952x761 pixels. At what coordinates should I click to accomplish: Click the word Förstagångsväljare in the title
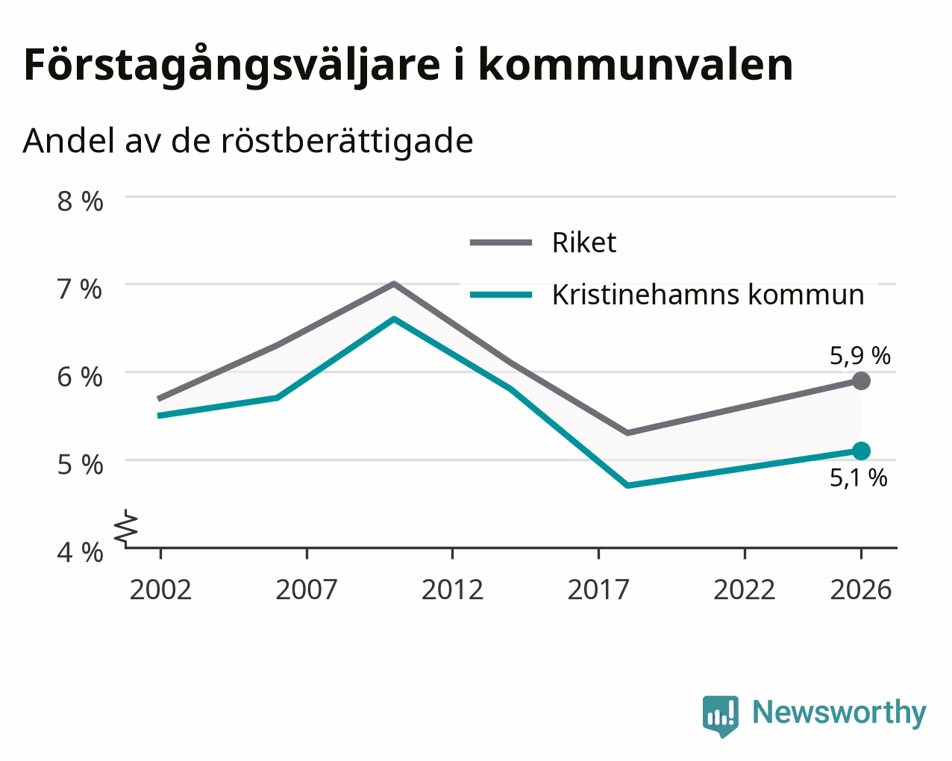232,66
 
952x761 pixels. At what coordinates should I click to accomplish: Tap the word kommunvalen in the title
636,65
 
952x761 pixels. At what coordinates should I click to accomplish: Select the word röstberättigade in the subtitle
347,141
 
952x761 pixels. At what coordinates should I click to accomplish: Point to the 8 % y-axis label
80,201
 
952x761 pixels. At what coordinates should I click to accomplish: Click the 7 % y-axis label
80,289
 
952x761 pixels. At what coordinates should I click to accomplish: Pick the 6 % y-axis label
80,378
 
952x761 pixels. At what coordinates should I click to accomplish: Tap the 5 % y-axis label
80,465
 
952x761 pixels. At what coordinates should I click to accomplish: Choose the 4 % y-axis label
80,553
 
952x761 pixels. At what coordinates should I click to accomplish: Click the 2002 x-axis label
160,589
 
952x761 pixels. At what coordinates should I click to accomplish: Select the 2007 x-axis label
307,589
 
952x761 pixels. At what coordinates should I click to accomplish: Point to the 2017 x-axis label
598,589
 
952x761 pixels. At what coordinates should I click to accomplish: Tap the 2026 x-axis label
861,589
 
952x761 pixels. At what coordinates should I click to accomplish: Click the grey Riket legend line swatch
501,242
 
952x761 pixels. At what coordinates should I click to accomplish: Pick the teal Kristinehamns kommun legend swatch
501,295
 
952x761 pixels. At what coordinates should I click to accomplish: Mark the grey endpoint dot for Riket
861,380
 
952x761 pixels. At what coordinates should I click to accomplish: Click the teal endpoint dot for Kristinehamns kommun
861,451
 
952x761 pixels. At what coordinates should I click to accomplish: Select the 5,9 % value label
860,356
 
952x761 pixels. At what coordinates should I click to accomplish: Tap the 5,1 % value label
858,477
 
